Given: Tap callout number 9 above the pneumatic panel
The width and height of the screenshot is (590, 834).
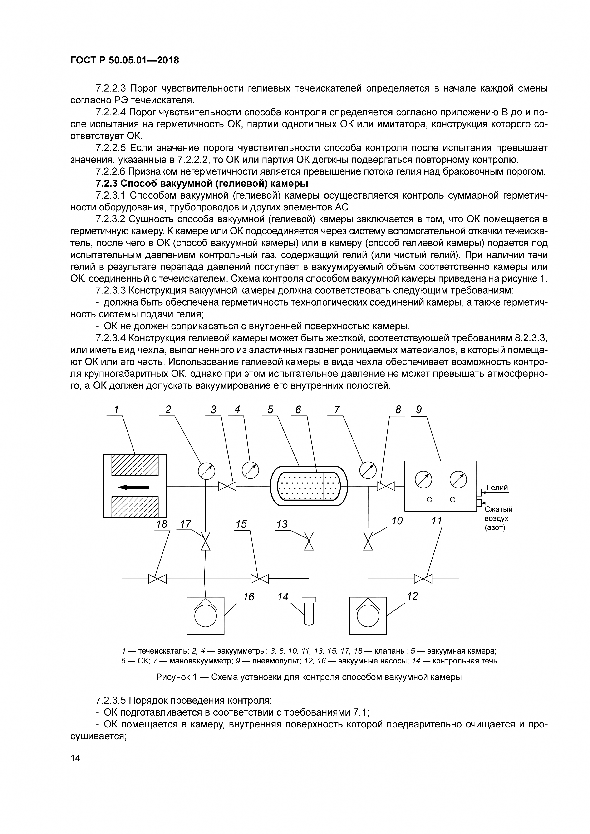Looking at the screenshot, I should (419, 410).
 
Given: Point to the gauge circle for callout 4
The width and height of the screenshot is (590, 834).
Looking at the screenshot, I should (250, 470).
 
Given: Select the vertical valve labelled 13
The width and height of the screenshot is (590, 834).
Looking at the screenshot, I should (309, 541).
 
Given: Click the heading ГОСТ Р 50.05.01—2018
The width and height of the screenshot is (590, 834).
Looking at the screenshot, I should (125, 60).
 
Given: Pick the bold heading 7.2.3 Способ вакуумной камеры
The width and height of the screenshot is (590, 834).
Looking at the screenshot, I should (202, 183).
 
